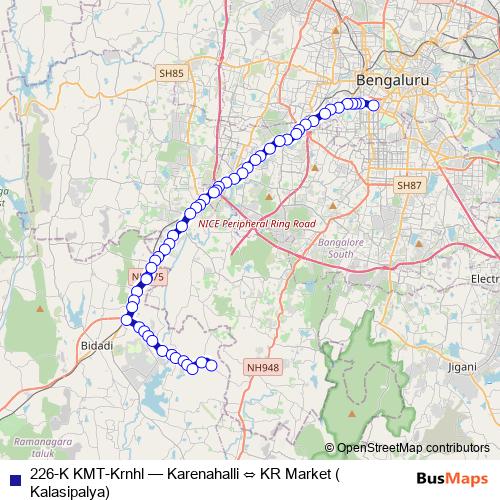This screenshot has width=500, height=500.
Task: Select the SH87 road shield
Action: coord(409,186)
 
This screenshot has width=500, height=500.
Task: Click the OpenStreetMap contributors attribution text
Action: coord(414,448)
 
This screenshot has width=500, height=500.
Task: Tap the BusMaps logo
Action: coord(454,477)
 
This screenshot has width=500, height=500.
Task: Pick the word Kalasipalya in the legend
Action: coord(71,491)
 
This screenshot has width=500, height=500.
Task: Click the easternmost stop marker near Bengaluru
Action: coord(373,105)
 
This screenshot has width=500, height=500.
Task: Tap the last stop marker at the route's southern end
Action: coord(211,366)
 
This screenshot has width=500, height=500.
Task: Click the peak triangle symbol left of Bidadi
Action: coord(39,309)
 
